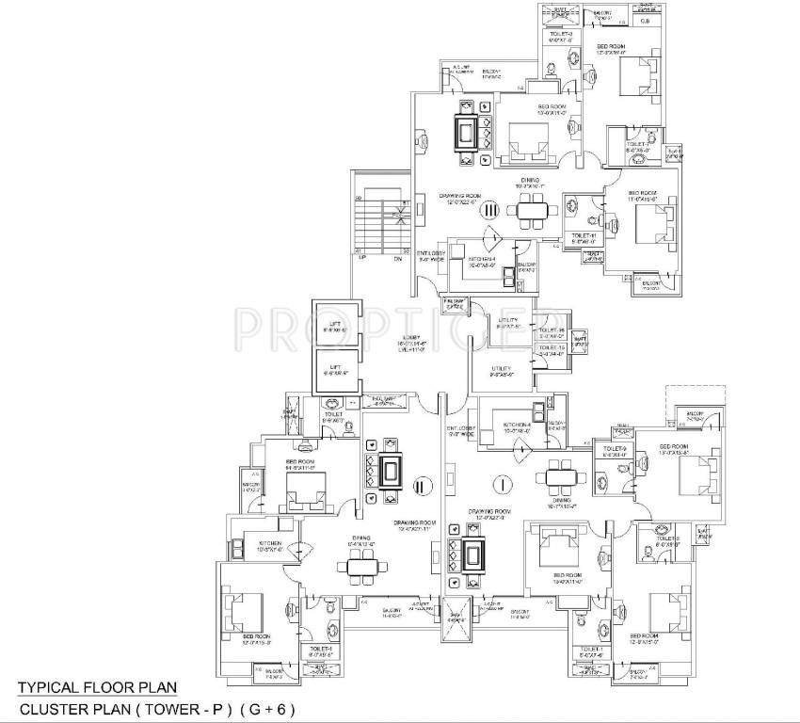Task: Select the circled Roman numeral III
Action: pos(488,214)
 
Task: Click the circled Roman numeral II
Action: pos(422,486)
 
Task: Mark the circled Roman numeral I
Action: pos(505,483)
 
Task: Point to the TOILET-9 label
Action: pos(614,448)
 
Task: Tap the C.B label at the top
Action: pos(646,20)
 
